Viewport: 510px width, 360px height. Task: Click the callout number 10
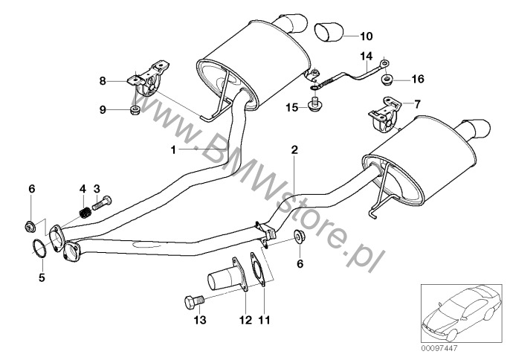pyautogui.click(x=367, y=36)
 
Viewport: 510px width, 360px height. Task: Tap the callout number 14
pyautogui.click(x=366, y=57)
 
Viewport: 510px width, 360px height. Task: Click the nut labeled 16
pyautogui.click(x=386, y=79)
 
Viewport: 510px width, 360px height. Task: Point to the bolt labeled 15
pyautogui.click(x=314, y=103)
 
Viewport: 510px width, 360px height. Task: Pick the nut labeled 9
pyautogui.click(x=135, y=109)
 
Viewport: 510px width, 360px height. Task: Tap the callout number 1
pyautogui.click(x=173, y=150)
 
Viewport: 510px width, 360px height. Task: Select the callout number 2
pyautogui.click(x=294, y=150)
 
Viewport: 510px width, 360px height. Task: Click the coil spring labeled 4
pyautogui.click(x=85, y=213)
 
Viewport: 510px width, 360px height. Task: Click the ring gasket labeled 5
pyautogui.click(x=39, y=248)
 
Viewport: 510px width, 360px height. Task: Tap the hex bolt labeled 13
pyautogui.click(x=193, y=302)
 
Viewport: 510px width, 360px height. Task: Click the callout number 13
pyautogui.click(x=200, y=320)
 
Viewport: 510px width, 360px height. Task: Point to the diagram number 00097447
pyautogui.click(x=439, y=348)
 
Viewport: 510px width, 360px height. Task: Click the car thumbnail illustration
pyautogui.click(x=462, y=313)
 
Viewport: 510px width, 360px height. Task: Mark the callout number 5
pyautogui.click(x=42, y=277)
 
